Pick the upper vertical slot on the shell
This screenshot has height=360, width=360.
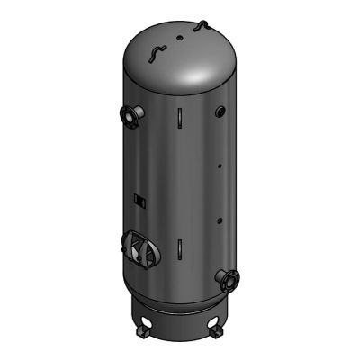coord(179,118)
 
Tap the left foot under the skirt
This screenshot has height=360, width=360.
coord(144,337)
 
